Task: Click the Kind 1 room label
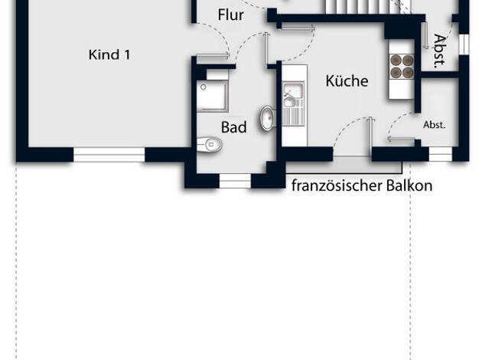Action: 109,54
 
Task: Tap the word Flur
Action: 230,15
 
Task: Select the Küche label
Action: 347,80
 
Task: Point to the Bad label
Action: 233,127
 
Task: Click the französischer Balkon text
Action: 362,185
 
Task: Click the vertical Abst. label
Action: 439,51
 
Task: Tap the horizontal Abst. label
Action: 434,125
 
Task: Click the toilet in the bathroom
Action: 209,144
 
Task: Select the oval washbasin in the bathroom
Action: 268,119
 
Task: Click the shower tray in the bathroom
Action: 213,96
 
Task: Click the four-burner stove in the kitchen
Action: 402,67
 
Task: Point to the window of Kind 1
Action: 109,155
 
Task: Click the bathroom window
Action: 235,181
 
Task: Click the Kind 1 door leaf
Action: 213,55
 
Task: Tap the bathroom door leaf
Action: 266,48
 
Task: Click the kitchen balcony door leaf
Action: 370,133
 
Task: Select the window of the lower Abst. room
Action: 441,154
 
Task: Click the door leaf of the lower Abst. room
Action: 402,139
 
